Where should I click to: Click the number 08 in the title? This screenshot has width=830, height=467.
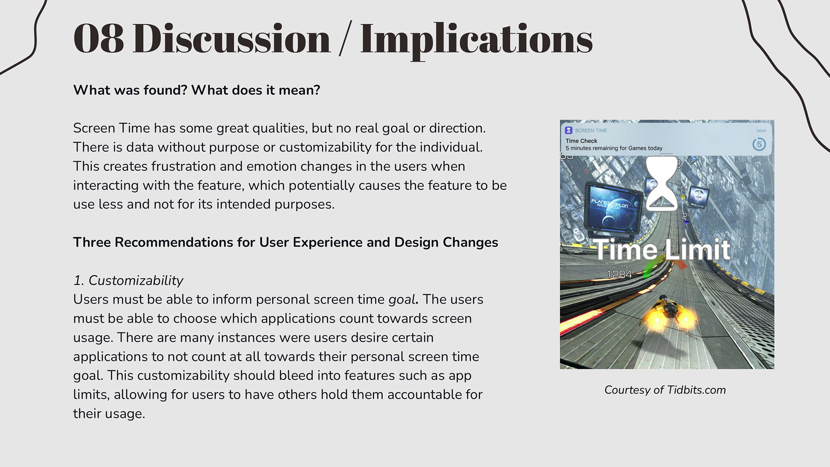pyautogui.click(x=99, y=38)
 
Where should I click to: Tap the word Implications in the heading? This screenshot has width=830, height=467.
pyautogui.click(x=476, y=41)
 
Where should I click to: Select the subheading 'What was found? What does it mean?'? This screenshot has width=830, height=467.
pyautogui.click(x=197, y=90)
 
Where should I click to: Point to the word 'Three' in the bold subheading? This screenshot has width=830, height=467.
pyautogui.click(x=92, y=242)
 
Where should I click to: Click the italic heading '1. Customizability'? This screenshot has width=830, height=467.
pyautogui.click(x=128, y=281)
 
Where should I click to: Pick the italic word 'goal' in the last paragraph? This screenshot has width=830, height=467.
pyautogui.click(x=402, y=300)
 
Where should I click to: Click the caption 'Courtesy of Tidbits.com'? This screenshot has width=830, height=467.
pyautogui.click(x=665, y=390)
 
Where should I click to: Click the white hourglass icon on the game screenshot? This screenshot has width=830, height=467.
pyautogui.click(x=661, y=184)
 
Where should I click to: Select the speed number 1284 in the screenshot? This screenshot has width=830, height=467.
pyautogui.click(x=619, y=275)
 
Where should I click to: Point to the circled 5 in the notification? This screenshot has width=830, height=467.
pyautogui.click(x=759, y=144)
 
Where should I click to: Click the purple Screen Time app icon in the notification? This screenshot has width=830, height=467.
pyautogui.click(x=569, y=130)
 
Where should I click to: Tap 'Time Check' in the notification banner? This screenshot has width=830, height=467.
pyautogui.click(x=581, y=141)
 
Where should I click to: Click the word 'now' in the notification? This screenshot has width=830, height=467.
pyautogui.click(x=761, y=131)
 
